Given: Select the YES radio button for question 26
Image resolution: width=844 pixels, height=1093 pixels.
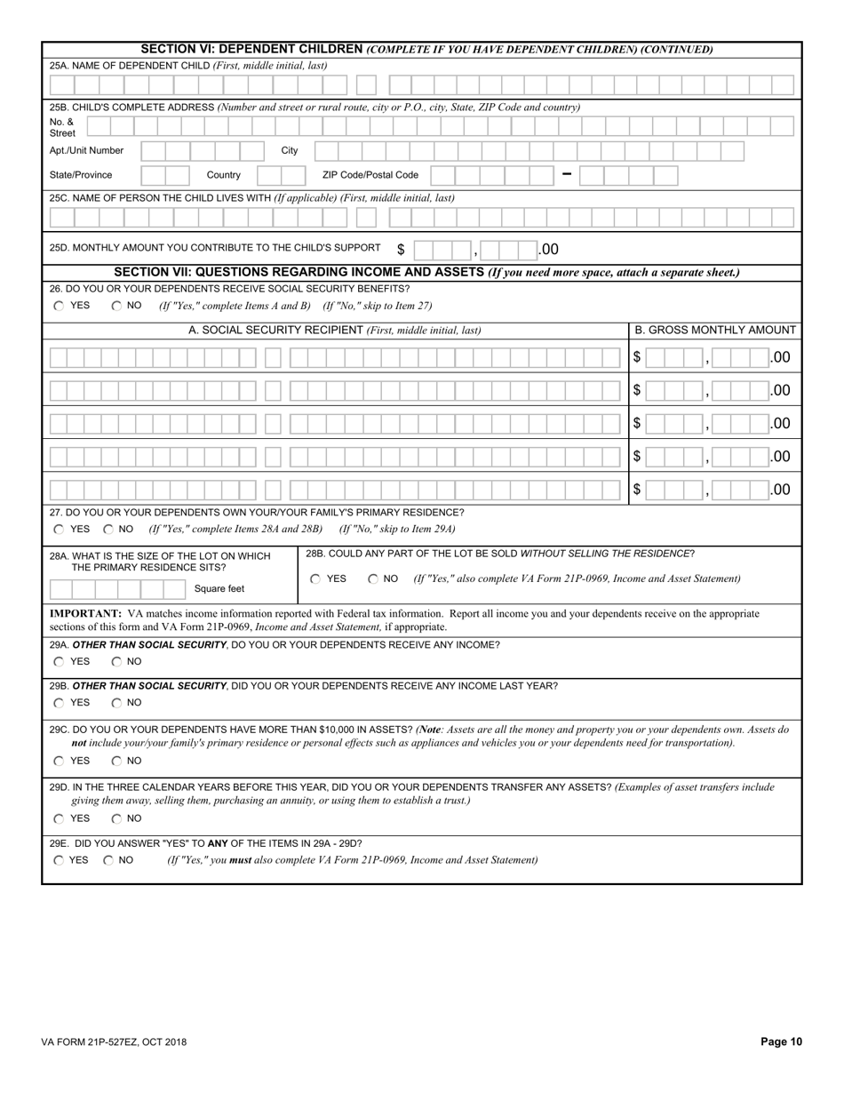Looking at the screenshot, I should pyautogui.click(x=59, y=306).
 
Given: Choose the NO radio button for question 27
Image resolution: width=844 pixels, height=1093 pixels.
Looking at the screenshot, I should pyautogui.click(x=108, y=529).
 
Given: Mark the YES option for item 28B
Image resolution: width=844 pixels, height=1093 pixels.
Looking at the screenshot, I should pyautogui.click(x=315, y=578).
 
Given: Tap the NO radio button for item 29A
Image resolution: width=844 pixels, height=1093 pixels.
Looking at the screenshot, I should pyautogui.click(x=116, y=661).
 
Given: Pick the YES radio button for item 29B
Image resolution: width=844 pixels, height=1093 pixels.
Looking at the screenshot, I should pyautogui.click(x=59, y=703).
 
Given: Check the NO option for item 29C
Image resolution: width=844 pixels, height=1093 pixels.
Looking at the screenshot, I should pyautogui.click(x=116, y=761).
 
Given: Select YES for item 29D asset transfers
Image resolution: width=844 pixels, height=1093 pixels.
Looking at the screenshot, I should pyautogui.click(x=59, y=818).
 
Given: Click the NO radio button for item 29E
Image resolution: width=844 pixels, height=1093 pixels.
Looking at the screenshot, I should pyautogui.click(x=108, y=860).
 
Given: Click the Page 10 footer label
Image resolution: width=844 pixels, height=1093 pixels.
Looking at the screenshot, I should pyautogui.click(x=781, y=1042).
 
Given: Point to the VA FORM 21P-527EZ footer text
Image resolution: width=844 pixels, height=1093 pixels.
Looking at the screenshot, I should pyautogui.click(x=114, y=1042).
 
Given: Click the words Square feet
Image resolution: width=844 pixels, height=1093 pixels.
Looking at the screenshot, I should pyautogui.click(x=219, y=588).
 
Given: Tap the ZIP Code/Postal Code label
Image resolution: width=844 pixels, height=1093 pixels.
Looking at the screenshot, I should pyautogui.click(x=370, y=175).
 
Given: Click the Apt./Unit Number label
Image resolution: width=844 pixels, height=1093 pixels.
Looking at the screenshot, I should pyautogui.click(x=86, y=150).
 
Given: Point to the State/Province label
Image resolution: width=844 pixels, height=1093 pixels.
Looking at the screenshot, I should pyautogui.click(x=81, y=175).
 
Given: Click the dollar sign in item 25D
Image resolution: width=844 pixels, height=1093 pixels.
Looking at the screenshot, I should pyautogui.click(x=401, y=250).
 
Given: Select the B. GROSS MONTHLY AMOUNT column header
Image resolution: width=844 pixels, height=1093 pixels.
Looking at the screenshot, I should pyautogui.click(x=715, y=330).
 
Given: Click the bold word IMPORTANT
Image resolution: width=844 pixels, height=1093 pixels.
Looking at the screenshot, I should pyautogui.click(x=85, y=613).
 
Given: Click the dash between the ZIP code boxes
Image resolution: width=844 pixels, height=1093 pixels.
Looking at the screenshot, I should pyautogui.click(x=567, y=174).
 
